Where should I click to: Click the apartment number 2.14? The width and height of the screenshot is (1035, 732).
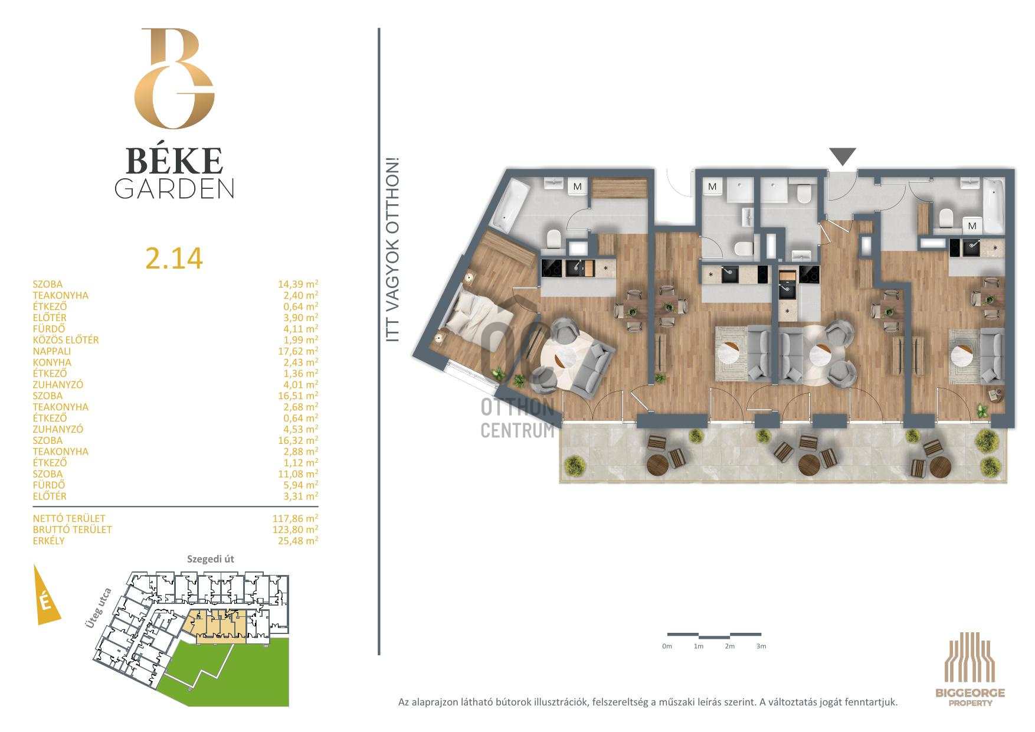coord(174,258)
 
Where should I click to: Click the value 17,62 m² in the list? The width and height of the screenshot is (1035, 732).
coord(298,351)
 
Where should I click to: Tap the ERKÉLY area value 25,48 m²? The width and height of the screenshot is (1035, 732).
coord(298,541)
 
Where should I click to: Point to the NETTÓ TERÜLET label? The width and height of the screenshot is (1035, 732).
coord(69,518)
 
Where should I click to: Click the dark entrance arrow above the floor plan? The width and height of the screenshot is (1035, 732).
coord(843,156)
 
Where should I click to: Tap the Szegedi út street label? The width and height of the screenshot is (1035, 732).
coord(211,559)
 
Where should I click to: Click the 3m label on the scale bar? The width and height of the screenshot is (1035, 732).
coord(761,646)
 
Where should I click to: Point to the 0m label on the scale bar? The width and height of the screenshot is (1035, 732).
coord(667,646)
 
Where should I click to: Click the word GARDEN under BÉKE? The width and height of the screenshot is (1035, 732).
coord(174,188)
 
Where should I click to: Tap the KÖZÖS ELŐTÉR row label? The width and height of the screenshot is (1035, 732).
coord(66,340)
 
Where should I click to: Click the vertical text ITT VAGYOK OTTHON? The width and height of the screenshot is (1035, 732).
coord(392,249)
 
